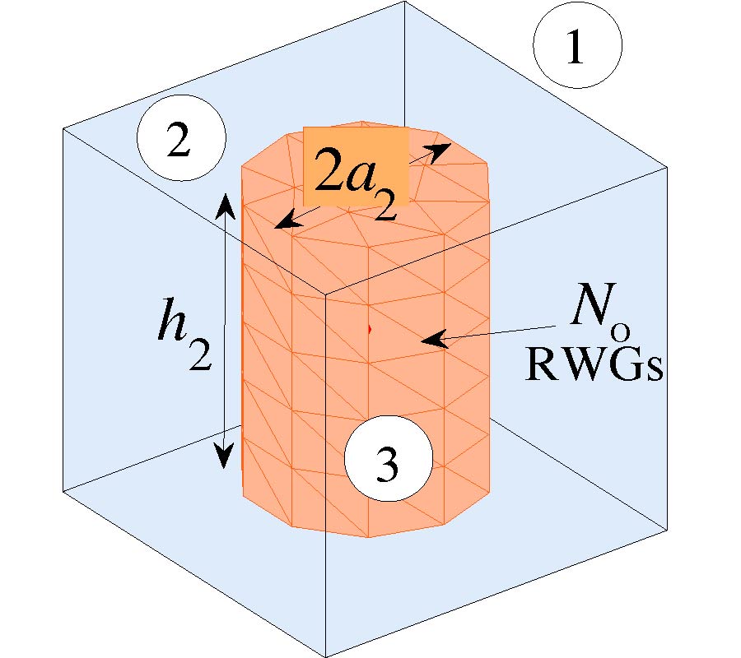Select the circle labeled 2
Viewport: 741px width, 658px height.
click(181, 141)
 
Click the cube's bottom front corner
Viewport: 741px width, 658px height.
click(326, 656)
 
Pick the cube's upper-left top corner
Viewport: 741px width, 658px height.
click(63, 128)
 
